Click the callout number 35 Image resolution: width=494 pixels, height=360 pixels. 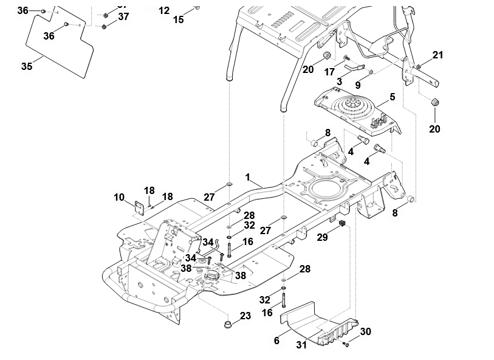click(26, 66)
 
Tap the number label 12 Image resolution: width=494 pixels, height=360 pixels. click(164, 10)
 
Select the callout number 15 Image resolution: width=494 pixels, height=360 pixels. click(178, 19)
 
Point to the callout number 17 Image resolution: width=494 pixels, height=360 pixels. click(330, 71)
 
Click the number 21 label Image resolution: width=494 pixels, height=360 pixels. click(437, 55)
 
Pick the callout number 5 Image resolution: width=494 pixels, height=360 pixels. click(392, 97)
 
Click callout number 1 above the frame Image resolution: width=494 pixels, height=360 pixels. click(248, 176)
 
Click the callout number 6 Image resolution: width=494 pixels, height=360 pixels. click(276, 341)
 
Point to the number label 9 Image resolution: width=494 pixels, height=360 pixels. click(358, 85)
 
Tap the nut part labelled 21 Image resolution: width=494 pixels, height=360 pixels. click(419, 66)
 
